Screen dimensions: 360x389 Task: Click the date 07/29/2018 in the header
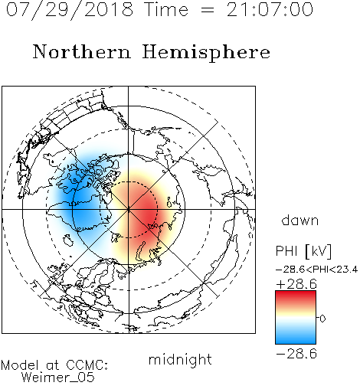click(x=70, y=10)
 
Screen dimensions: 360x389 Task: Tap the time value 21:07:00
click(x=270, y=9)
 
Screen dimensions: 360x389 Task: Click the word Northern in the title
click(x=82, y=52)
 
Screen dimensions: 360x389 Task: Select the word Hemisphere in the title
click(x=206, y=53)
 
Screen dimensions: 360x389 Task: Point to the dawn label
click(x=300, y=220)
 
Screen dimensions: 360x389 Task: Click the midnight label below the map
click(x=180, y=360)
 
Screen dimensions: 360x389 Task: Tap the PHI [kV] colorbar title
click(x=303, y=251)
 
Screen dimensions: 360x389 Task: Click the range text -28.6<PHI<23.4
click(x=317, y=270)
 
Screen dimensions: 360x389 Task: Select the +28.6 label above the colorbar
click(x=296, y=284)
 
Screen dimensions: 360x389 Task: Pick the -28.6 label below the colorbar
click(x=296, y=354)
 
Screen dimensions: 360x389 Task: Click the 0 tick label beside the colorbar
click(x=322, y=319)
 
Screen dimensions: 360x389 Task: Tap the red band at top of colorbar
click(x=296, y=296)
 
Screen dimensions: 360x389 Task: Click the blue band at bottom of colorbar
click(x=296, y=339)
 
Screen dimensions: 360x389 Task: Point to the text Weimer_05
click(x=58, y=378)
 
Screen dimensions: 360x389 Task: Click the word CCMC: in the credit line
click(x=87, y=365)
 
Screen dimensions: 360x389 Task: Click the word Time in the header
click(x=166, y=10)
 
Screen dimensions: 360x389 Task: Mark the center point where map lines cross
click(x=129, y=209)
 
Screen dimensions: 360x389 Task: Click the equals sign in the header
click(x=207, y=10)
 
